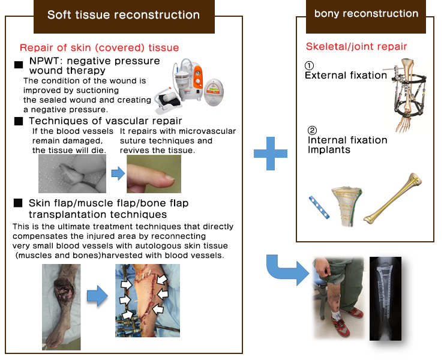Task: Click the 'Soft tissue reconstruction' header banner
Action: tap(124, 16)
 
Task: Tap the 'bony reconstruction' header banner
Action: tap(366, 16)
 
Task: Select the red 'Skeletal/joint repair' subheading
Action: tap(356, 46)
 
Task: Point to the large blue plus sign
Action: tap(271, 154)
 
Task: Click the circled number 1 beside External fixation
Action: tap(309, 66)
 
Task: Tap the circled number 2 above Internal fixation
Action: tap(312, 130)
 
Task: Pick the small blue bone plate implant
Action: tap(319, 208)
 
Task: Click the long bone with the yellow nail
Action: tap(393, 198)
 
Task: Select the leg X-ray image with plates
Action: tap(385, 299)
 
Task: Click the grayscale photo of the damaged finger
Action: tap(72, 173)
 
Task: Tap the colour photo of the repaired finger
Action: tap(154, 173)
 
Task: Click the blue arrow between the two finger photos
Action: tap(118, 173)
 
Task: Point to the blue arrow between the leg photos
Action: tap(97, 296)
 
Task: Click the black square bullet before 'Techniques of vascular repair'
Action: tap(19, 121)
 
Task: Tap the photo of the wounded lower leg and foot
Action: tap(61, 307)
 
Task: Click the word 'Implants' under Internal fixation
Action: tap(329, 149)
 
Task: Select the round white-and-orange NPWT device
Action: tap(214, 92)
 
